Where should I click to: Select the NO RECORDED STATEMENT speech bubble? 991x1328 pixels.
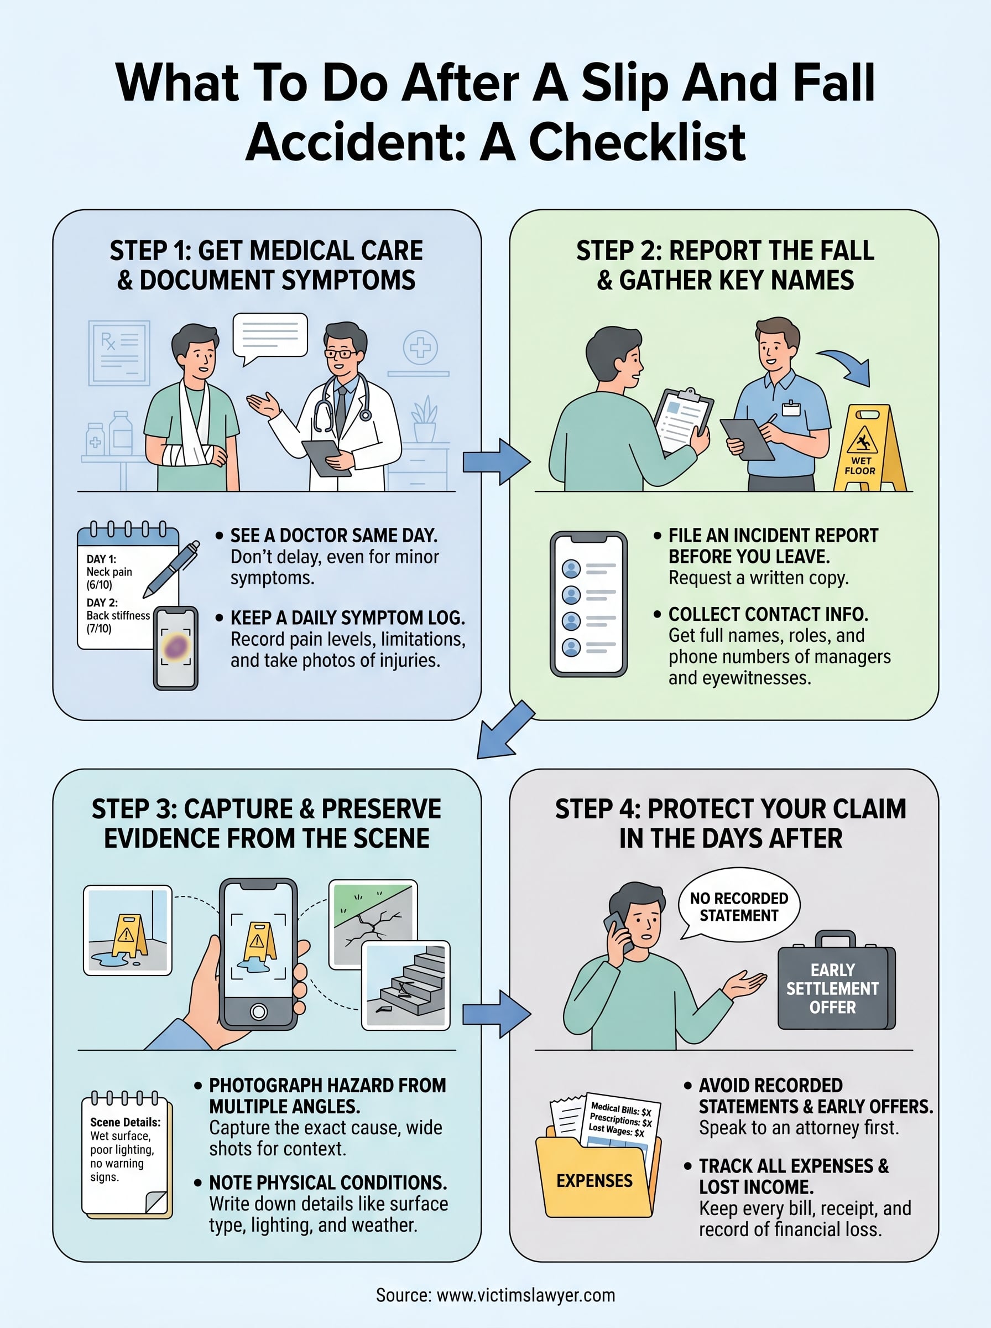click(x=738, y=906)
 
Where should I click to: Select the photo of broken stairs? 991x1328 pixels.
click(x=406, y=985)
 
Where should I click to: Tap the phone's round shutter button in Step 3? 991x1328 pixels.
click(x=259, y=1011)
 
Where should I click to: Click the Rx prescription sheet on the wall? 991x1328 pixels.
click(x=119, y=353)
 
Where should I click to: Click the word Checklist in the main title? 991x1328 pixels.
click(x=637, y=143)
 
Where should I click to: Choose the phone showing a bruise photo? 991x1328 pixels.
click(x=175, y=648)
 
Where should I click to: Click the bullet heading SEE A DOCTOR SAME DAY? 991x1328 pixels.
click(x=333, y=535)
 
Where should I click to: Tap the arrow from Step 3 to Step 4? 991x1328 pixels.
click(x=496, y=1014)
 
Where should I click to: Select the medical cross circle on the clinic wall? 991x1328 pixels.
click(x=420, y=347)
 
